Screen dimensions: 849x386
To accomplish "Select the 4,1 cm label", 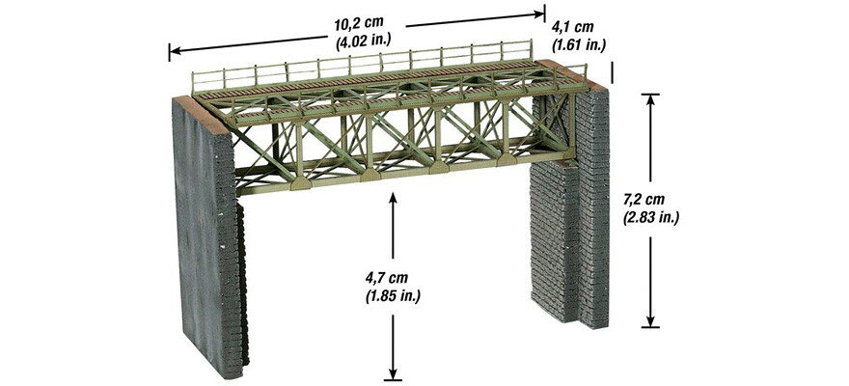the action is click(x=572, y=27).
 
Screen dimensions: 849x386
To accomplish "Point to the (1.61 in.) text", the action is click(x=578, y=44).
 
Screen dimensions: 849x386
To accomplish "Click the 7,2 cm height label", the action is click(x=644, y=199).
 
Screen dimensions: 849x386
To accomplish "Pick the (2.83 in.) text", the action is click(x=651, y=217).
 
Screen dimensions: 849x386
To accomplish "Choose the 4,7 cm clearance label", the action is click(x=386, y=278).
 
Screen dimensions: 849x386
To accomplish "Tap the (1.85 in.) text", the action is click(x=393, y=295).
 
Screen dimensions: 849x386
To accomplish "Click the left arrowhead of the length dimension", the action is click(x=175, y=52).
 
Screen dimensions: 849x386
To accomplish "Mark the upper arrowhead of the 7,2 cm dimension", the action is click(x=650, y=99).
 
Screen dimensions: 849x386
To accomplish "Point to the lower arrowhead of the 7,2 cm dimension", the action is click(x=650, y=321).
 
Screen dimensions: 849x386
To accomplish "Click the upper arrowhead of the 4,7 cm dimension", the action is click(x=393, y=198).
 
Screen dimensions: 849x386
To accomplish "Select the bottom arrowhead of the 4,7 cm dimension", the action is click(x=393, y=372).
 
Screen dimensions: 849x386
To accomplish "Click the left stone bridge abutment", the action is click(x=208, y=238).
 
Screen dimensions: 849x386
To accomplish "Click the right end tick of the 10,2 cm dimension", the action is click(x=543, y=14).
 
